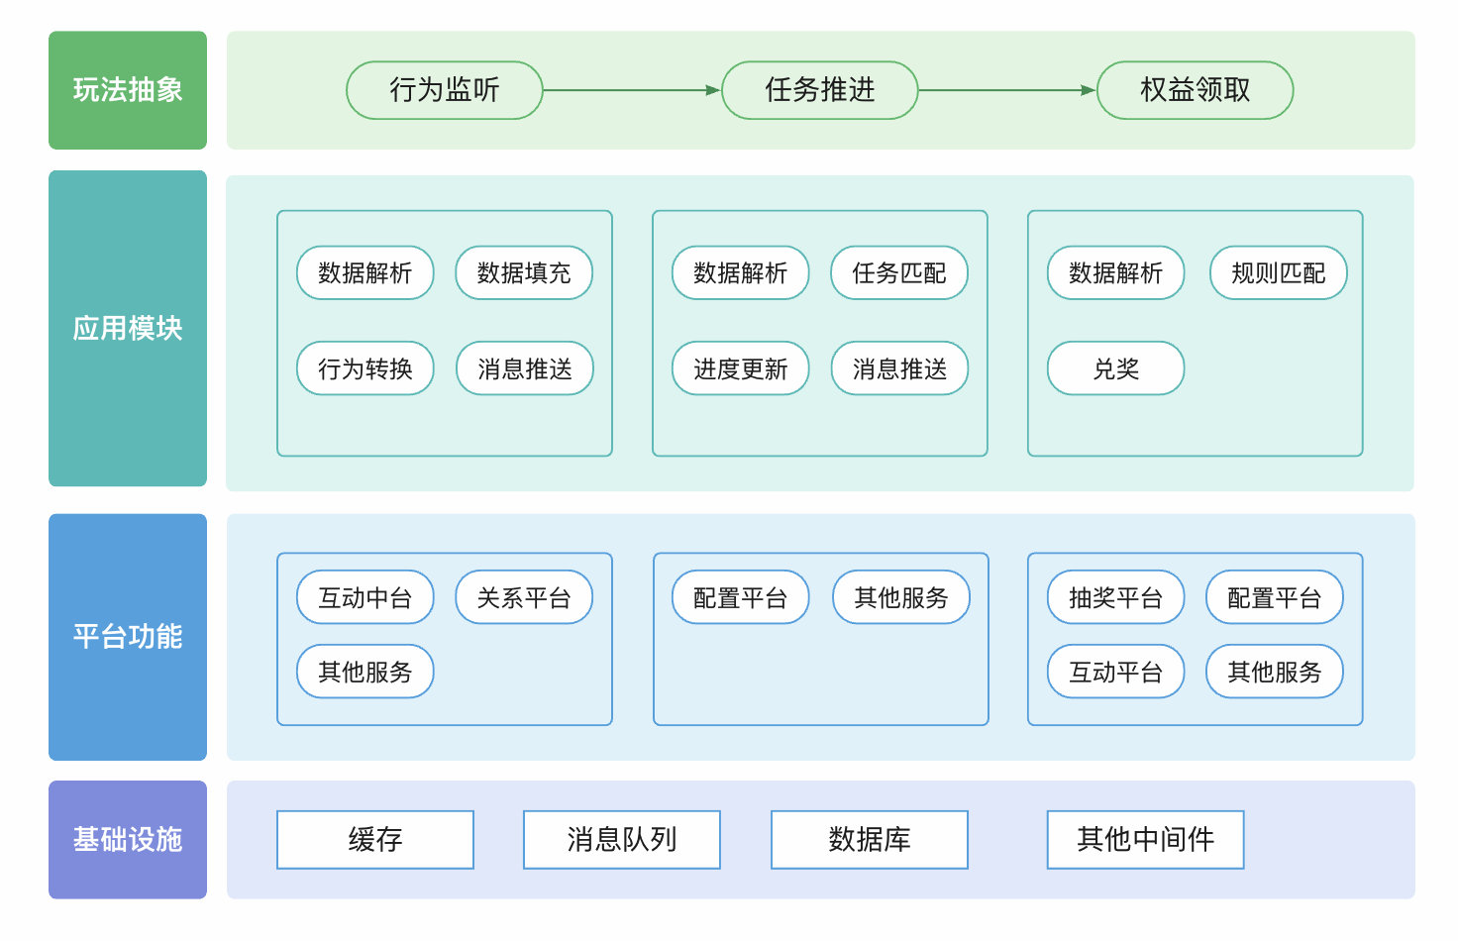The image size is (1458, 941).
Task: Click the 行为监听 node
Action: click(444, 90)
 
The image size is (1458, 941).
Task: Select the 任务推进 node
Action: click(819, 90)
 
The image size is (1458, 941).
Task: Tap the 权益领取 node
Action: click(1195, 90)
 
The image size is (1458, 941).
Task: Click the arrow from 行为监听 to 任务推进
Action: click(632, 90)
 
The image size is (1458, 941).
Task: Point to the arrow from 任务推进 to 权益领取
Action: click(1007, 90)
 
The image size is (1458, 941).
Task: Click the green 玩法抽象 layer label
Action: click(128, 90)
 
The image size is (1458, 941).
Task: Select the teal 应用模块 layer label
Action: click(128, 328)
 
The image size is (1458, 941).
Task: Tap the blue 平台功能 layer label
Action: click(128, 636)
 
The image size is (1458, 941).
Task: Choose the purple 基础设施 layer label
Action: click(128, 839)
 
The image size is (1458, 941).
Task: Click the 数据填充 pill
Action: click(524, 272)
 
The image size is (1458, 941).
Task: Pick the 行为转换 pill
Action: click(364, 368)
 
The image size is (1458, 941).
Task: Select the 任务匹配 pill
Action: click(899, 272)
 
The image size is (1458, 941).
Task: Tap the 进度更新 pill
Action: click(740, 368)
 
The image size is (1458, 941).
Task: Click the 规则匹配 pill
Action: click(1278, 272)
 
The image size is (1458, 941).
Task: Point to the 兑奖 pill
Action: click(1115, 368)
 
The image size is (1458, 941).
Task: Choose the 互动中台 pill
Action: click(364, 597)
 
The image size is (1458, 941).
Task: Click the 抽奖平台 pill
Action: click(1115, 597)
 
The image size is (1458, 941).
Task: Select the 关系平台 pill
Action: click(524, 597)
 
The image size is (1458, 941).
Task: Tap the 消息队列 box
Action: click(621, 839)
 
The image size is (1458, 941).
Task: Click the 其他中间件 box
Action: click(1145, 839)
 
